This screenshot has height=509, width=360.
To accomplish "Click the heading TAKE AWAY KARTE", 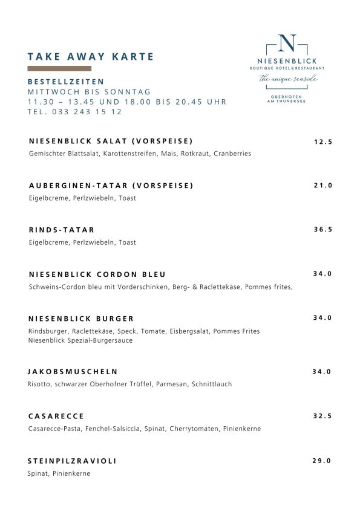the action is pos(91,57).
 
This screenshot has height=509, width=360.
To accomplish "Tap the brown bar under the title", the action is pos(59,68).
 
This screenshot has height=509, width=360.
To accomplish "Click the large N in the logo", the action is pos(289,44).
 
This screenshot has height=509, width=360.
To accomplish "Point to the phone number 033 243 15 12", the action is pos(75,112).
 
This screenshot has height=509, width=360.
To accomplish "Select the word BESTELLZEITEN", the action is pos(66,82).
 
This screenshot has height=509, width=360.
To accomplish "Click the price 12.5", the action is pos(323,142).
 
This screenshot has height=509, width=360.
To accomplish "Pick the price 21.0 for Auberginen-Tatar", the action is pos(322,186).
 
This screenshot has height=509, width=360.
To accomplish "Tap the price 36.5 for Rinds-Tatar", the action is pos(322,230).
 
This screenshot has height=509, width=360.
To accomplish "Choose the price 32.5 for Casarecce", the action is pos(322,417).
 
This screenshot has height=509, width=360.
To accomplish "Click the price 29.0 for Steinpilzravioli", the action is pos(322,461).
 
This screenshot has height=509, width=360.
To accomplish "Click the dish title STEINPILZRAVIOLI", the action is pos(73,461).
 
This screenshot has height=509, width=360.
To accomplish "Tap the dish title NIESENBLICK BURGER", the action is pos(81,319).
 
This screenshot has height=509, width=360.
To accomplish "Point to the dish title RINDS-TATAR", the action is pos(62,230).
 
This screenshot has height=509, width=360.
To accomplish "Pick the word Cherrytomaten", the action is pos(198,429).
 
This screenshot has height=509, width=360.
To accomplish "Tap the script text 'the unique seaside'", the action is pos(288,79).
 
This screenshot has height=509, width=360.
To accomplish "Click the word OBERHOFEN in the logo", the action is pos(288,96).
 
